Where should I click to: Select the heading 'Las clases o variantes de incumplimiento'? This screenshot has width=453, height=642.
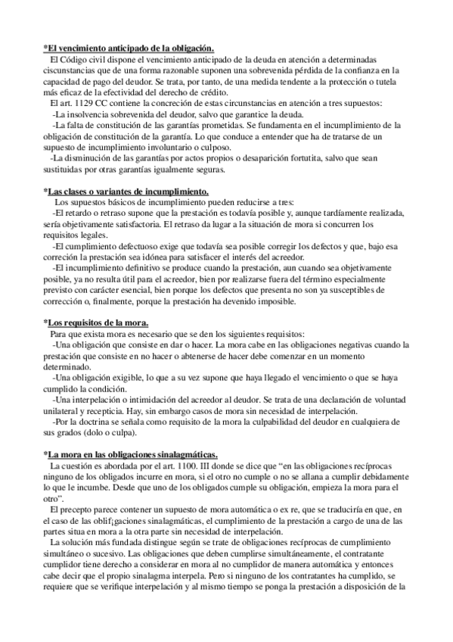click(126, 192)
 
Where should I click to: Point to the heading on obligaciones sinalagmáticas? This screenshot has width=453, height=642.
click(132, 453)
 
